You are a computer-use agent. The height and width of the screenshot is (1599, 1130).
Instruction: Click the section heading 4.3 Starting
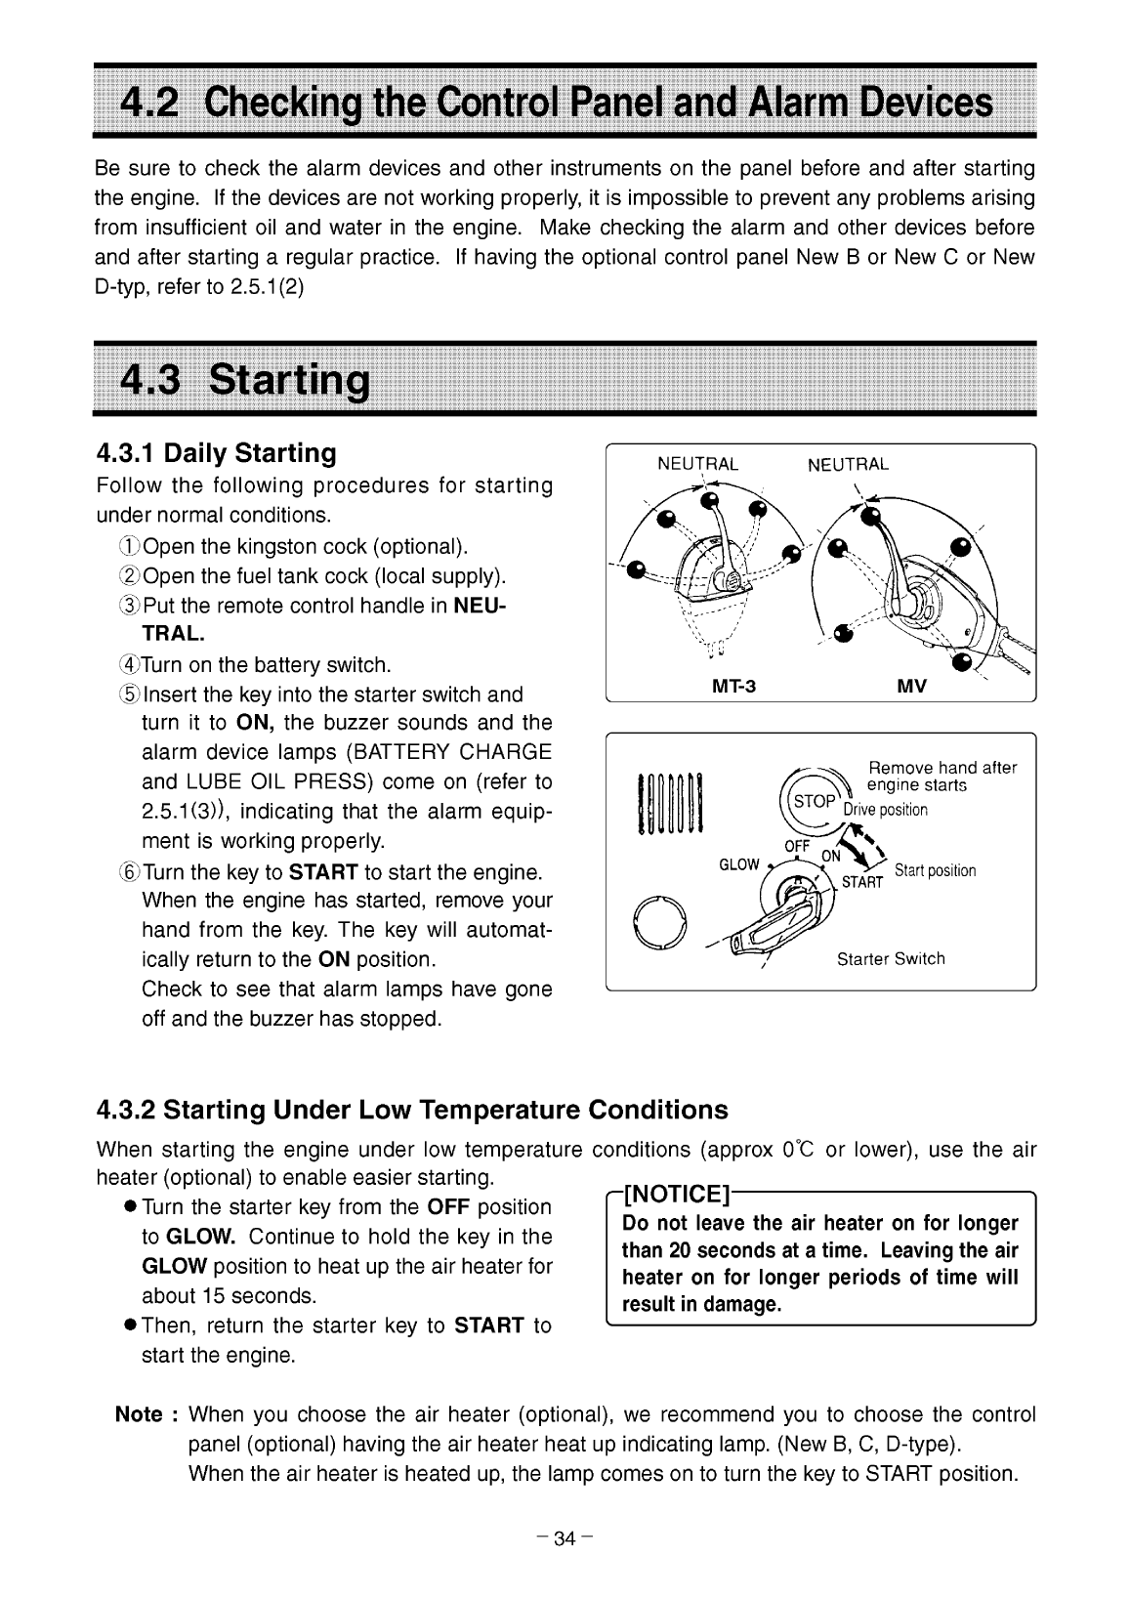pyautogui.click(x=244, y=378)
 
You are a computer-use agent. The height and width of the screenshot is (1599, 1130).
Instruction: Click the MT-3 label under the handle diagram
pyautogui.click(x=734, y=686)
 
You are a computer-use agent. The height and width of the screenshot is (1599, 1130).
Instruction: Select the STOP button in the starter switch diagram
pyautogui.click(x=815, y=801)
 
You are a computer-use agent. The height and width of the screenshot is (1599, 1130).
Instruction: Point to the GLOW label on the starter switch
pyautogui.click(x=738, y=864)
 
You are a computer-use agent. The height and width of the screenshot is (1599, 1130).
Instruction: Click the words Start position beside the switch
pyautogui.click(x=935, y=870)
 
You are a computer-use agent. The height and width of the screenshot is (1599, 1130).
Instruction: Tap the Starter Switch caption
pyautogui.click(x=891, y=958)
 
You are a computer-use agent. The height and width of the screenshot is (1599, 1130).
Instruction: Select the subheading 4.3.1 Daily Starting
pyautogui.click(x=216, y=453)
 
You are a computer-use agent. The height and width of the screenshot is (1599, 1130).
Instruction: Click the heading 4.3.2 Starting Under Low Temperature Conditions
pyautogui.click(x=412, y=1110)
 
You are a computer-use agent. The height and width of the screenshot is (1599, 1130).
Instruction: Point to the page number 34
pyautogui.click(x=565, y=1539)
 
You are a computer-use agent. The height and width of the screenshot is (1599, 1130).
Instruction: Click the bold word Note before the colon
pyautogui.click(x=138, y=1415)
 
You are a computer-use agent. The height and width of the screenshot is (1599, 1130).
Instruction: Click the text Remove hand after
pyautogui.click(x=942, y=768)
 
